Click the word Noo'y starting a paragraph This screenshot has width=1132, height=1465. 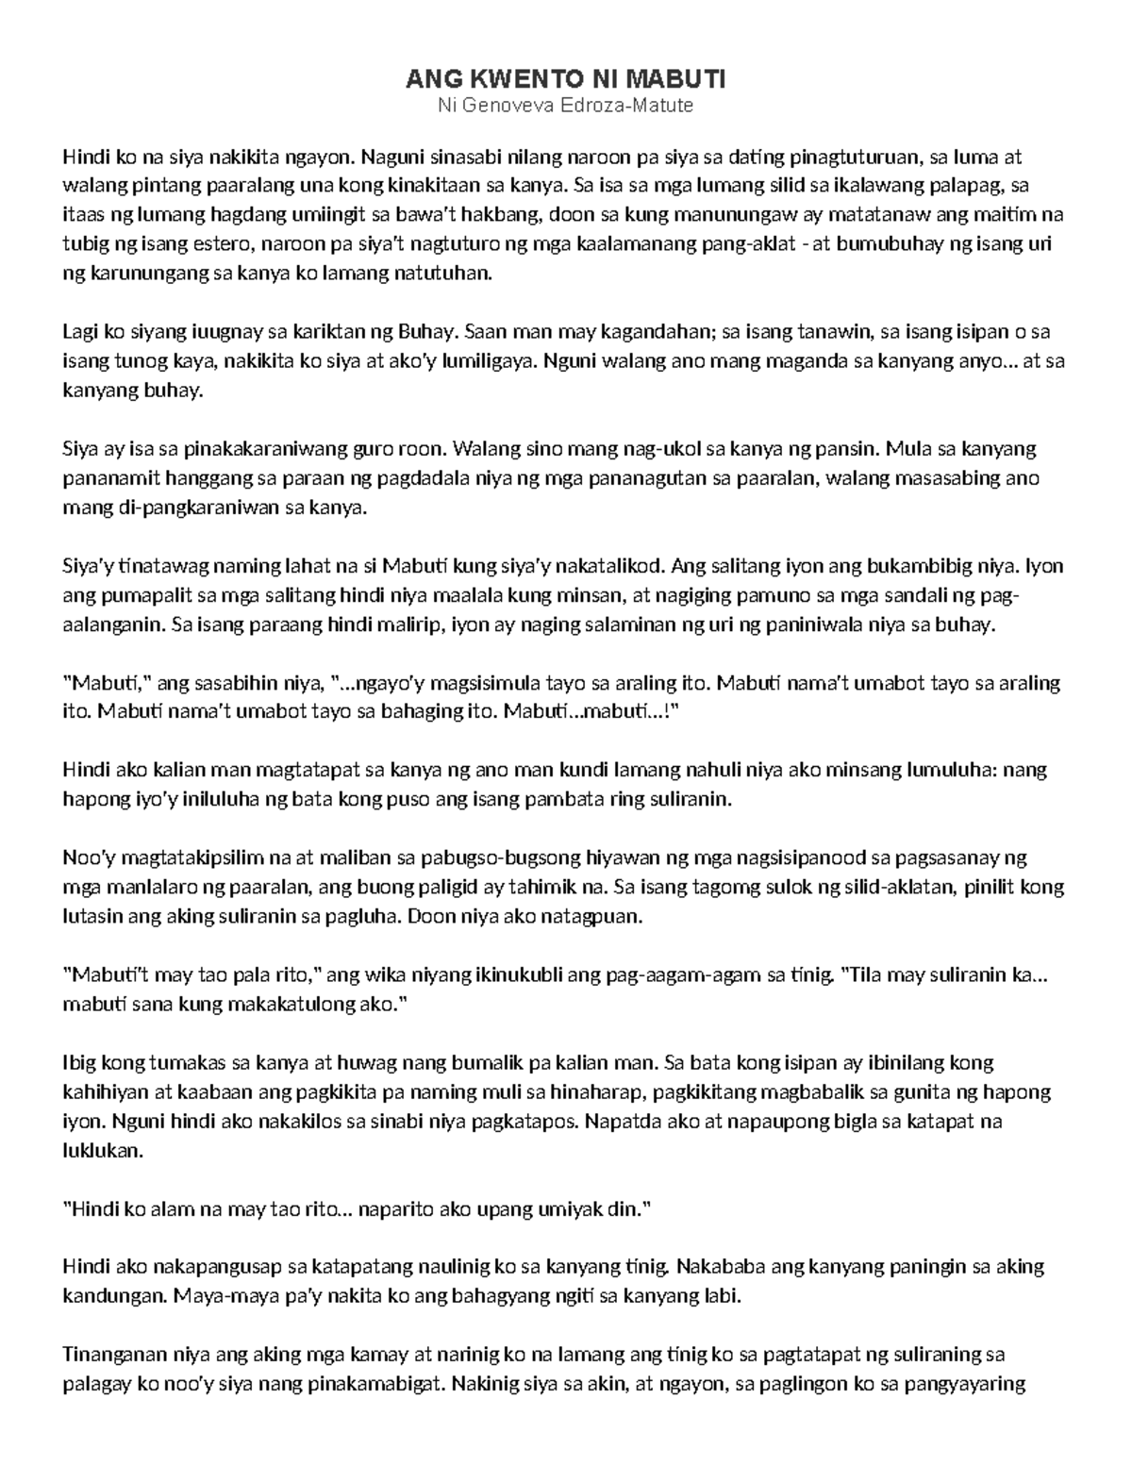click(x=88, y=858)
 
